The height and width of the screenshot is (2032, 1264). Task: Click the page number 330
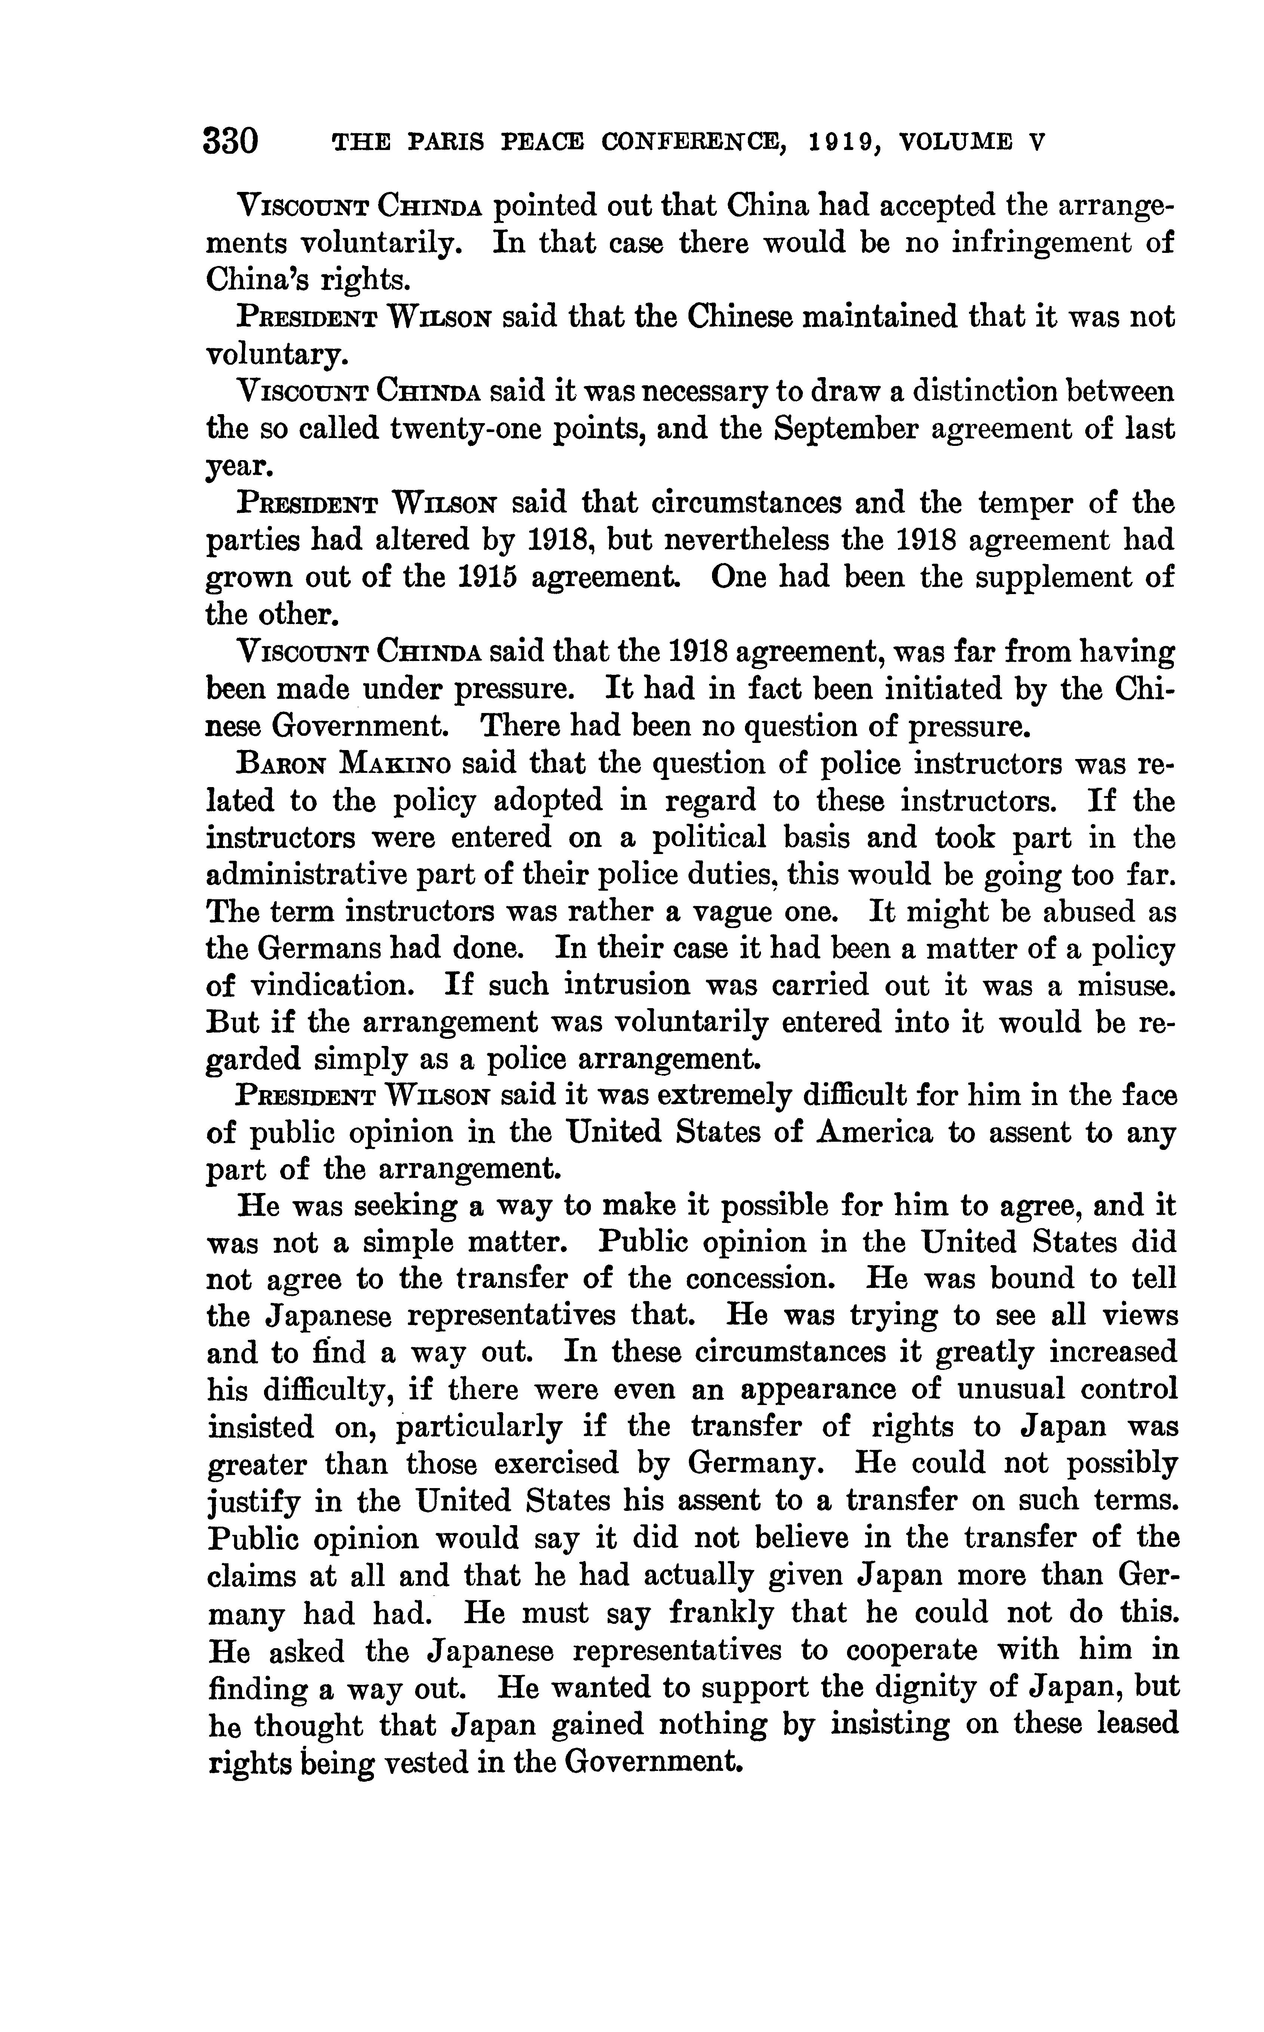click(x=231, y=140)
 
